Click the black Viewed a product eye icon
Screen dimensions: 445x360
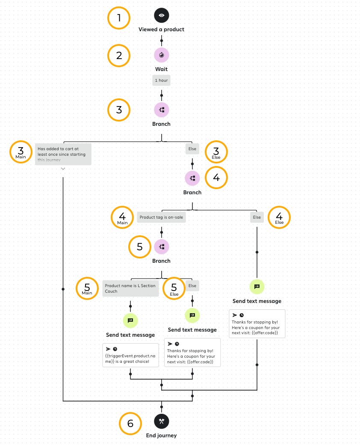(x=162, y=16)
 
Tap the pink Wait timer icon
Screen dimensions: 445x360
(x=162, y=55)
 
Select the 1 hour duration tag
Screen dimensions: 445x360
(x=162, y=80)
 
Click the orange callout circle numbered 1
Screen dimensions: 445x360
(x=118, y=18)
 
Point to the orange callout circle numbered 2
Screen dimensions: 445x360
(x=118, y=56)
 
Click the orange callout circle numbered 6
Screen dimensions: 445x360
(x=130, y=424)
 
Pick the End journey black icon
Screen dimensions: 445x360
(x=162, y=421)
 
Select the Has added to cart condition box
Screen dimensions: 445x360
(x=63, y=154)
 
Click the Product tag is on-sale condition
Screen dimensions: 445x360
(x=161, y=217)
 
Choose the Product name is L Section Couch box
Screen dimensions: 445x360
(x=130, y=288)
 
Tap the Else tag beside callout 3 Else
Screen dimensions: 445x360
(x=192, y=149)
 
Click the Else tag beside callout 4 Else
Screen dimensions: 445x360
(x=257, y=217)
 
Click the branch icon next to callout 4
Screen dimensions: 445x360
(x=192, y=178)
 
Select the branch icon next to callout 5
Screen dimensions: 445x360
(x=162, y=246)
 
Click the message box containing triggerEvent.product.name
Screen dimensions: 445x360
(x=130, y=355)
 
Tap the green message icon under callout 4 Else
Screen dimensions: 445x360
(x=257, y=287)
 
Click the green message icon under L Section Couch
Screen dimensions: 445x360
(x=130, y=320)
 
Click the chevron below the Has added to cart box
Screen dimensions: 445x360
(x=63, y=169)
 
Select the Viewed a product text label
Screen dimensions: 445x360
(x=162, y=30)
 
